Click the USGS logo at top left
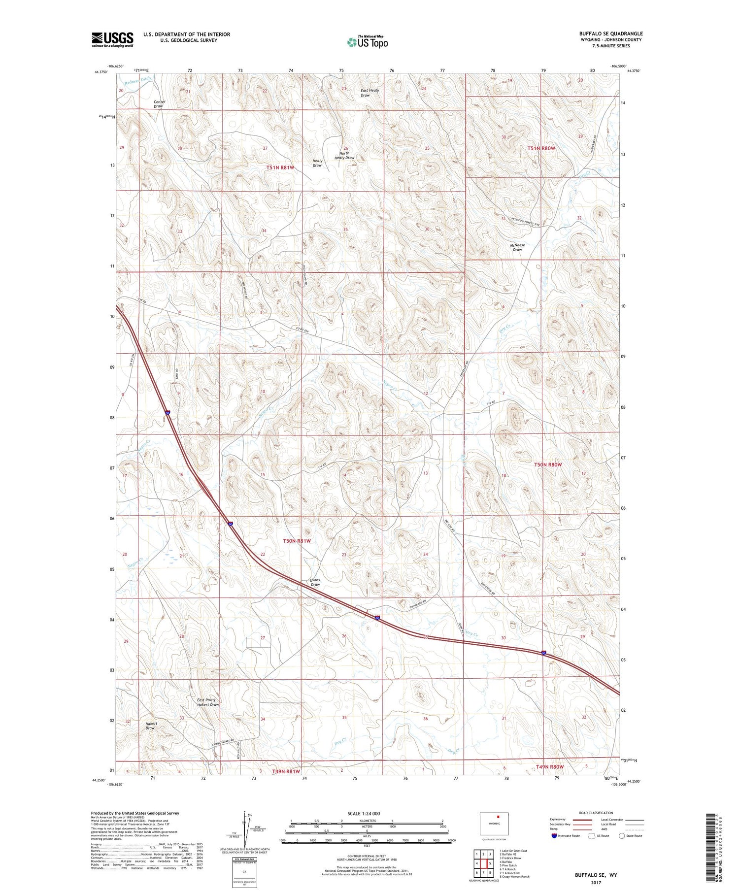112,39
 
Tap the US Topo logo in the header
367,42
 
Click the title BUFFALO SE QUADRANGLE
610,33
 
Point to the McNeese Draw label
517,247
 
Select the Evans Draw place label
315,582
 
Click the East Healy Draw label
369,93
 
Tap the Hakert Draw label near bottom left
151,726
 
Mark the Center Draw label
159,104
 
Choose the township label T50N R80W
548,464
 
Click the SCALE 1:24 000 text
363,813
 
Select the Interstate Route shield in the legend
555,836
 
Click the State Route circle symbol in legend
622,836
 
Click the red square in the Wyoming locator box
498,816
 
